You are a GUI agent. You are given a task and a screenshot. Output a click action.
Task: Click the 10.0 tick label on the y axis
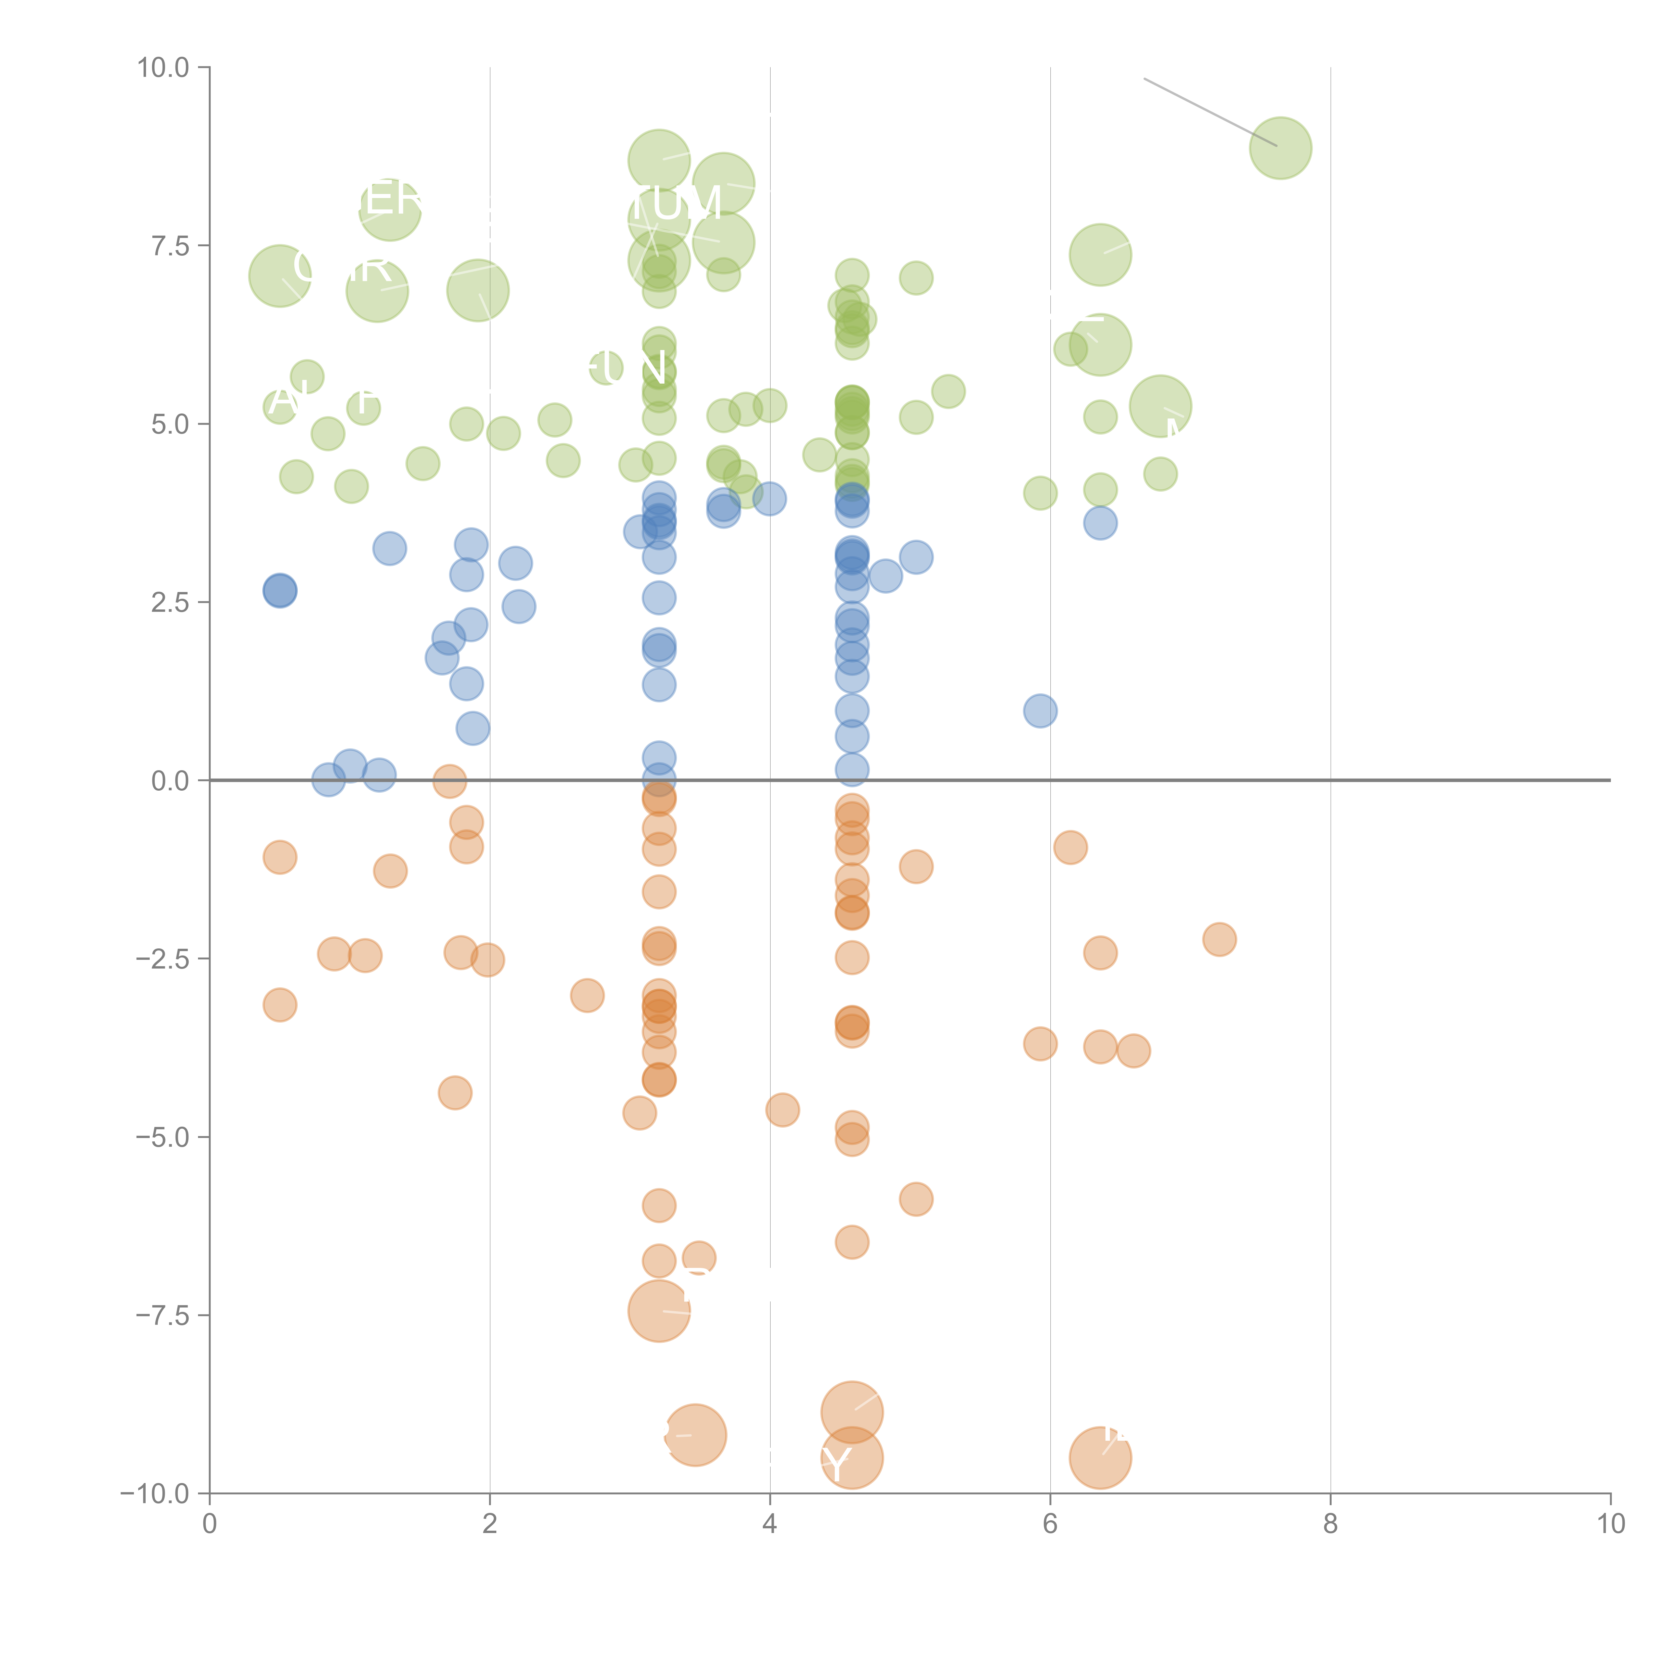pyautogui.click(x=163, y=68)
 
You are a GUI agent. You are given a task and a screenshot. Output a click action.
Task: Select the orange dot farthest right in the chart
pyautogui.click(x=1220, y=939)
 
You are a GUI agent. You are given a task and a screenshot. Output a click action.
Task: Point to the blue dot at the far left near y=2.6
pyautogui.click(x=280, y=591)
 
